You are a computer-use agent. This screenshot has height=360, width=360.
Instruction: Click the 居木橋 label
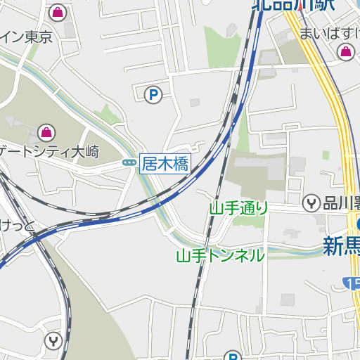click(x=165, y=165)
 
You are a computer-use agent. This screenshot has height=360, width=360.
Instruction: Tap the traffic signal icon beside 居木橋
click(x=129, y=163)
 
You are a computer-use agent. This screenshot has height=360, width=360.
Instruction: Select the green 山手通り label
click(x=239, y=207)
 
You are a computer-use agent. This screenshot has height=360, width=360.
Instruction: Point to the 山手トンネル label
click(x=220, y=255)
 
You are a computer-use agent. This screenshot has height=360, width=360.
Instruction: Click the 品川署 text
click(x=341, y=204)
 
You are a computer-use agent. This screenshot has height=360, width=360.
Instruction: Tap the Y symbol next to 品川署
click(x=311, y=204)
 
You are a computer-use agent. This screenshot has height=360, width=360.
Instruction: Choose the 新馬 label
click(x=342, y=245)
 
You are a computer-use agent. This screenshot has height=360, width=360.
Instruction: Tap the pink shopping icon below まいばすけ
click(x=346, y=51)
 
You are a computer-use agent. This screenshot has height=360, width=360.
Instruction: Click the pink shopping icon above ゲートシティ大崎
click(x=46, y=131)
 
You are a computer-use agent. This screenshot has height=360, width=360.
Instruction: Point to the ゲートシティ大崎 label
click(x=49, y=151)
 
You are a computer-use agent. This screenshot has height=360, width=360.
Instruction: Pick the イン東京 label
click(x=27, y=37)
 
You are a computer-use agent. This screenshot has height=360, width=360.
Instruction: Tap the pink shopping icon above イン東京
click(x=58, y=12)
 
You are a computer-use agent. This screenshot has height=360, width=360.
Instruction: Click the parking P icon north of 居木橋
click(x=152, y=94)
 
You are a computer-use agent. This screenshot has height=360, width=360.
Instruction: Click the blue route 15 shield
click(x=352, y=283)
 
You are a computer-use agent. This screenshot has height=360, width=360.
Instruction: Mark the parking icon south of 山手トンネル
click(x=233, y=356)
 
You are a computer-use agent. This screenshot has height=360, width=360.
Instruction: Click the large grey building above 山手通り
click(x=256, y=172)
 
